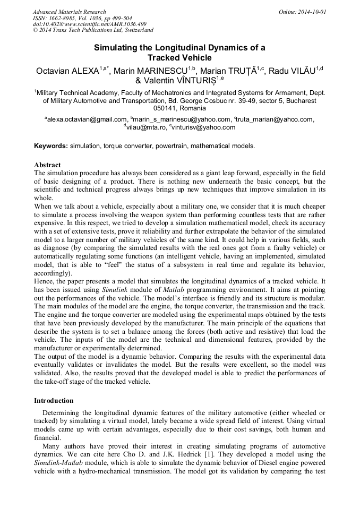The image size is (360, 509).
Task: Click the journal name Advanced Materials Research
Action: [69, 12]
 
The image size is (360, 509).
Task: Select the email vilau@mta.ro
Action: [145, 127]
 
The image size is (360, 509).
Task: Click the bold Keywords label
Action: [51, 145]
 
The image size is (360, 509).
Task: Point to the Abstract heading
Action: [47, 165]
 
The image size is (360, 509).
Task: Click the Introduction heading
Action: [54, 400]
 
